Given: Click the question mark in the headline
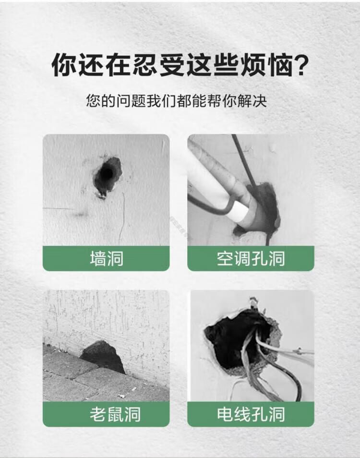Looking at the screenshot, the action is point(300,65).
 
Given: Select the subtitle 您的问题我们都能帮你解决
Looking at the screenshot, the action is point(176,101).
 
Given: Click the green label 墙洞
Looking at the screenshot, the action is point(106,258).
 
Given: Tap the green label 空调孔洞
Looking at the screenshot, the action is point(251,258).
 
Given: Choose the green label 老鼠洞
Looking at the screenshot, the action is point(106,414).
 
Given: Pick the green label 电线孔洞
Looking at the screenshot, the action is point(251,414).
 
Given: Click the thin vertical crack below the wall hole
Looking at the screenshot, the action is point(122,219).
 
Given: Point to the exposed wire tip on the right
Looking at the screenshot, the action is point(299,350).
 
